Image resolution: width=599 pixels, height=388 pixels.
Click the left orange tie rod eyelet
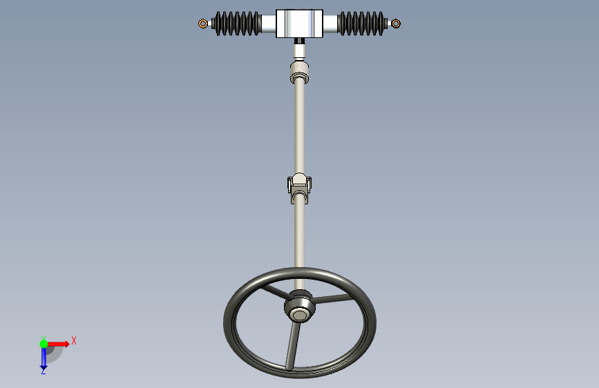coord(203,23)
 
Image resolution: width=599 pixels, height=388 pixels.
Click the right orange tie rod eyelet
coord(396,23)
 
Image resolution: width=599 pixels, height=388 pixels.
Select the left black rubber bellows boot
coord(237,23)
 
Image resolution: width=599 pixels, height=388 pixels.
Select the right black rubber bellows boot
coord(362,23)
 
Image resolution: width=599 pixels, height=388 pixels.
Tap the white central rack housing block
coord(300,23)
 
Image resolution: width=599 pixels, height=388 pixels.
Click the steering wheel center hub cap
coord(300,315)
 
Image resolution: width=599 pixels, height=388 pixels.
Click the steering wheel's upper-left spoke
coord(275,292)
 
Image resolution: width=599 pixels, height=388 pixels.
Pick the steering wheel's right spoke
coord(333,299)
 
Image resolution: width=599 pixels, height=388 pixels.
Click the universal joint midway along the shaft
coord(300,188)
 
